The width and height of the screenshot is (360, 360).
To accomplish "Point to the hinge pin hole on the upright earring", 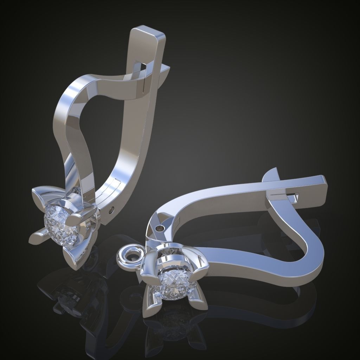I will tap(112, 210).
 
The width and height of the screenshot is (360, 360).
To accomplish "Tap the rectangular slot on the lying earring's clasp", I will tap(293, 197).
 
